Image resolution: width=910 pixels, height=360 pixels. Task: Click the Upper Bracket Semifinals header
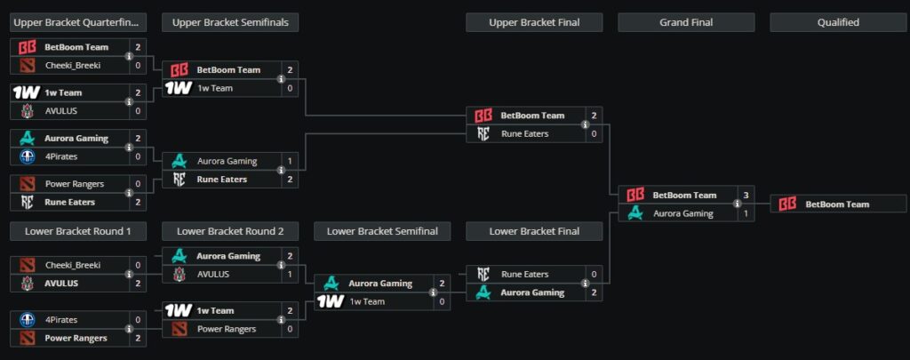(x=230, y=22)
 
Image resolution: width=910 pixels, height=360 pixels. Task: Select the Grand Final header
(x=686, y=22)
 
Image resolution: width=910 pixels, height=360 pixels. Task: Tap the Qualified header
(x=837, y=22)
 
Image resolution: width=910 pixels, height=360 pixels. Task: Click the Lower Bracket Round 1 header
(x=78, y=231)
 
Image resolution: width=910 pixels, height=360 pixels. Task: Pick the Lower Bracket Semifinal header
(x=382, y=231)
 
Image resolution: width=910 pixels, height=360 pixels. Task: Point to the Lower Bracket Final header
(x=534, y=231)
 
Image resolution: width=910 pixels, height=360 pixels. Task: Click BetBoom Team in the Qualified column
(x=837, y=204)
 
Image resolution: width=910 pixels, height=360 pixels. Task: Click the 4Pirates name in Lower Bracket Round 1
(x=63, y=320)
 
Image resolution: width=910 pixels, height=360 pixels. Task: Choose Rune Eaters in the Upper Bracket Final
(x=524, y=133)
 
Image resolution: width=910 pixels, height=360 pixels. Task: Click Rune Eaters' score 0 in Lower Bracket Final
(x=594, y=275)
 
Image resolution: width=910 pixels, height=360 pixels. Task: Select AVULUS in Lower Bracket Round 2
(x=213, y=274)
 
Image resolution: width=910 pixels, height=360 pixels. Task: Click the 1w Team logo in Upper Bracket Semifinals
(x=180, y=88)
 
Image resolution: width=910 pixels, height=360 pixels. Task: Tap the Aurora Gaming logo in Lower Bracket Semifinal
(x=331, y=284)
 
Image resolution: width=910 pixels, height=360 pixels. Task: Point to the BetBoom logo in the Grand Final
(x=635, y=196)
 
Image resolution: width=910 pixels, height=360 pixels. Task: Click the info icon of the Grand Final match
(x=737, y=204)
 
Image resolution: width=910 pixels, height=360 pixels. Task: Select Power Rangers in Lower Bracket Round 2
(x=226, y=329)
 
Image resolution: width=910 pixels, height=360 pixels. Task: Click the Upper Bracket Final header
(x=534, y=22)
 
